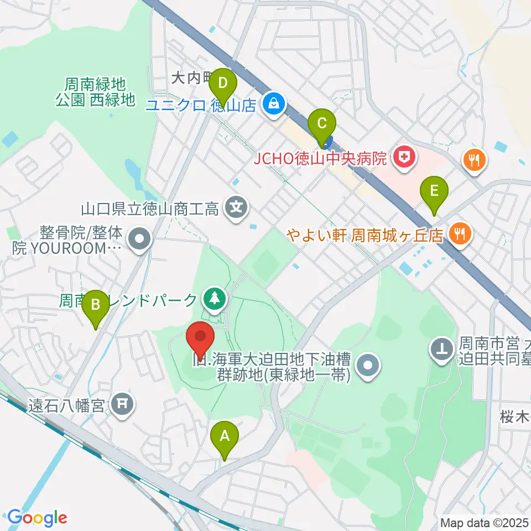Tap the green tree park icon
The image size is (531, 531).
tap(213, 299)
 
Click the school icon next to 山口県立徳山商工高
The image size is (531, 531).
tap(237, 209)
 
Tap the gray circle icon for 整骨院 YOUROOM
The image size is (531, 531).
tap(139, 239)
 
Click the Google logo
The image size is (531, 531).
tap(37, 518)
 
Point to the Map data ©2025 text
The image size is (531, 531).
tap(484, 522)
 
